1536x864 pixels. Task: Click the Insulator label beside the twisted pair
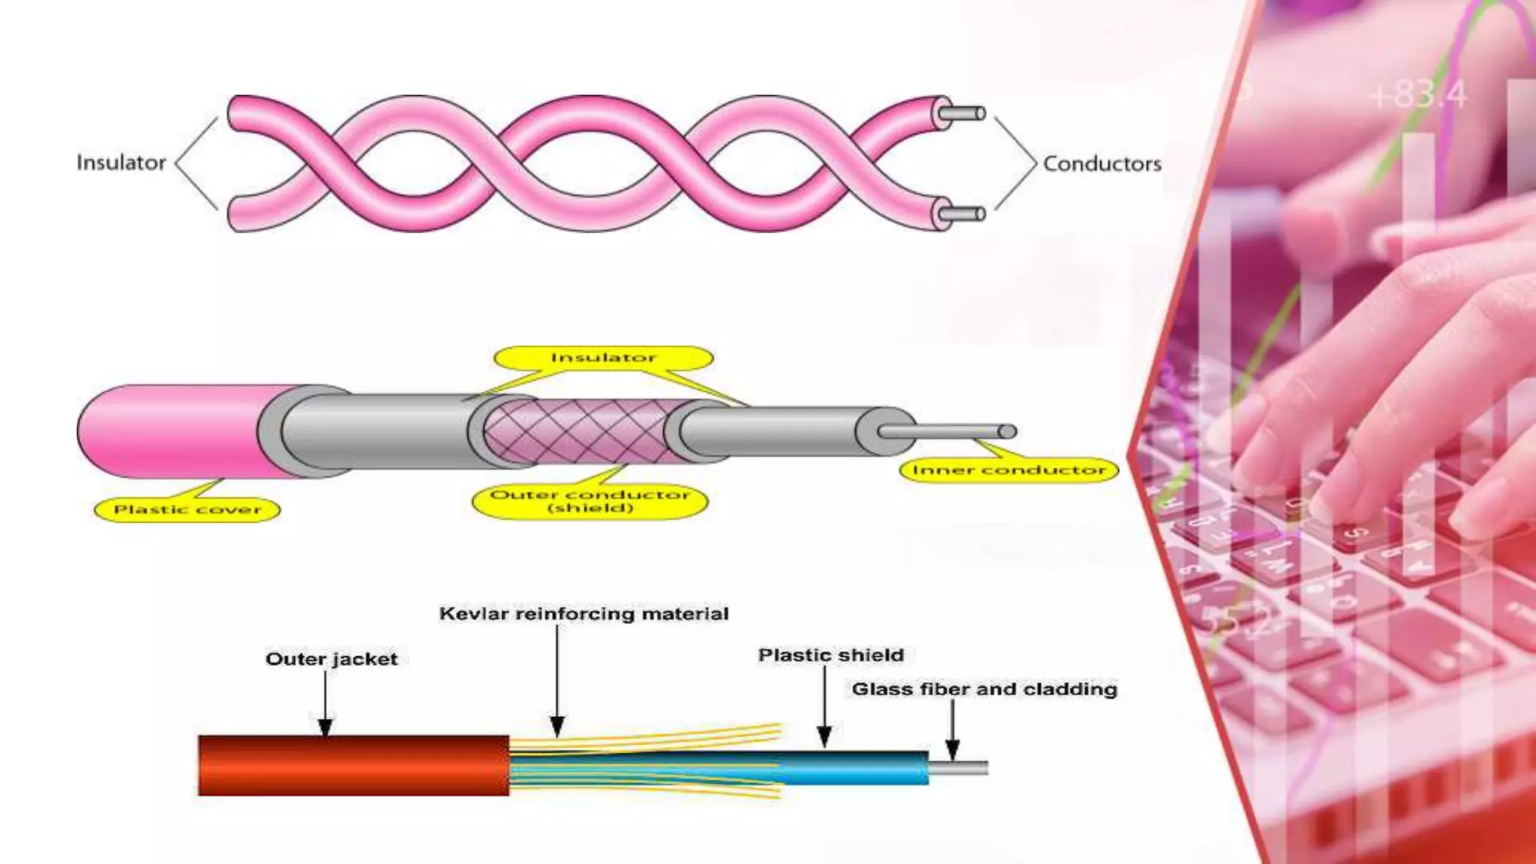(121, 163)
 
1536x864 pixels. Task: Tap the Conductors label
(1102, 163)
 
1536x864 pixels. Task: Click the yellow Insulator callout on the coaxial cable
(603, 358)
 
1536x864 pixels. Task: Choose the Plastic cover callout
(187, 510)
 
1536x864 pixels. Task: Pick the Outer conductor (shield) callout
(590, 501)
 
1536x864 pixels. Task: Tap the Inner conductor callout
(1009, 470)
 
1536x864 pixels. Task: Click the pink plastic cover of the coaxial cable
(172, 431)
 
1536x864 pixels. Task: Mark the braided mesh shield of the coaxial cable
(574, 431)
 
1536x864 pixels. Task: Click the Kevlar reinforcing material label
(583, 614)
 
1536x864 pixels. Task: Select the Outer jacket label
(331, 659)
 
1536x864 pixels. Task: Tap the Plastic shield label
(831, 655)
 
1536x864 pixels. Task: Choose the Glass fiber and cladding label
(984, 689)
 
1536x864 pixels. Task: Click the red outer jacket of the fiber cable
(352, 765)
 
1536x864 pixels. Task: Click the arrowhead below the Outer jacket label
(325, 727)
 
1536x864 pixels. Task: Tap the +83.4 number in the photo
(1417, 95)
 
